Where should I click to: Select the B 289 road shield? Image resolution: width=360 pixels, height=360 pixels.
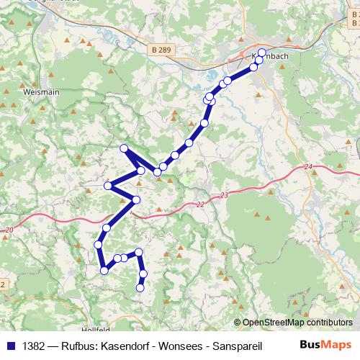point(161,50)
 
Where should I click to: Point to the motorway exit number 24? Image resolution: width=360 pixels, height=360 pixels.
point(309,167)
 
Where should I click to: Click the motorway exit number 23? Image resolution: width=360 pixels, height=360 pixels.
point(224,195)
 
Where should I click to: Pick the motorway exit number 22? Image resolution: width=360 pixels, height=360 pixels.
point(200,204)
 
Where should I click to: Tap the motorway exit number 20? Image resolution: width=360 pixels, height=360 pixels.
point(9,229)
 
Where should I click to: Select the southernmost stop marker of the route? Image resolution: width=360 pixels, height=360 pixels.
point(140,288)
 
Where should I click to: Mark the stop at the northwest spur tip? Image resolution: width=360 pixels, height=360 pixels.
point(124,148)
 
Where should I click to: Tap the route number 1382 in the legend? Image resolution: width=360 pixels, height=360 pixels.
point(35,343)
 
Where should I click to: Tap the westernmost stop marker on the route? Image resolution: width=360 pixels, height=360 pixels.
point(99,246)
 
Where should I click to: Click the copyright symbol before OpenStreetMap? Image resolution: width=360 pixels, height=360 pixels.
point(238,322)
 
